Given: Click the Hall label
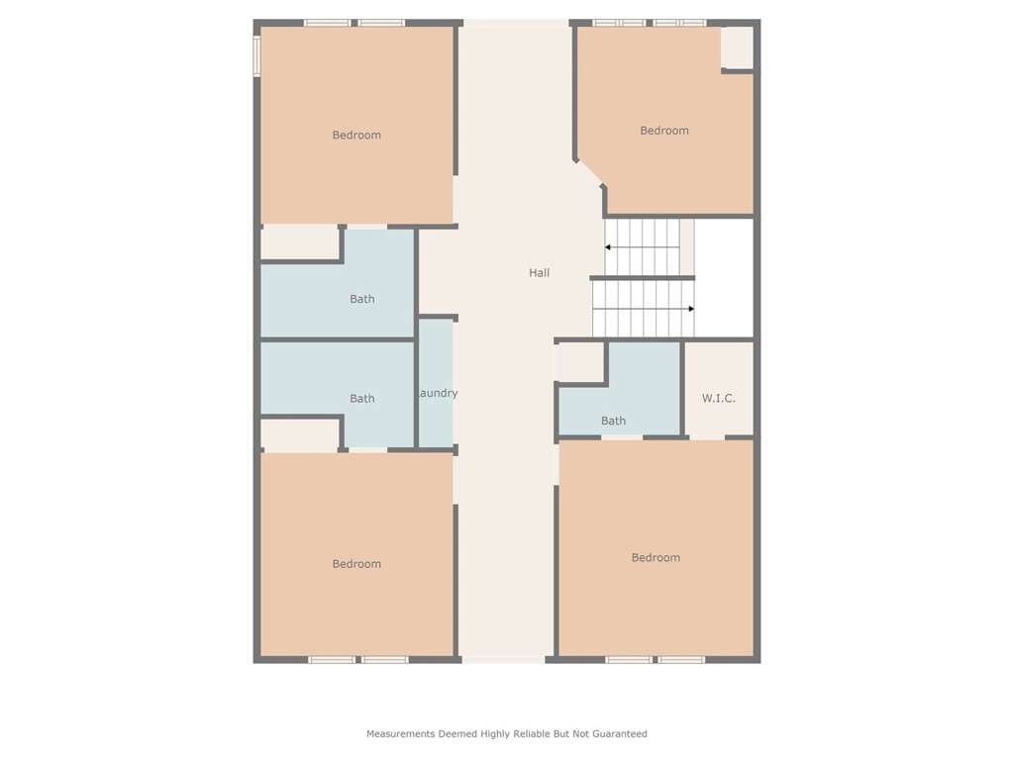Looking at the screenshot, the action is coord(540,273).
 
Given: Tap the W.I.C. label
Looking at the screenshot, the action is coord(719,398).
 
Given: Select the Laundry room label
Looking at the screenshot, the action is coord(438,393).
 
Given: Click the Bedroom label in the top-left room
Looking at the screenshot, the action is coord(356,135).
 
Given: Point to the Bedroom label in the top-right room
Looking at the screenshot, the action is coord(664,131).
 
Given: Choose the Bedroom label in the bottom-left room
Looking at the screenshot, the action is coord(356,564).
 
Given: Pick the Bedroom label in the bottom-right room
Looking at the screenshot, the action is coord(656,558).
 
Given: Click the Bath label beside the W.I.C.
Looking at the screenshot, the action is coord(613,421).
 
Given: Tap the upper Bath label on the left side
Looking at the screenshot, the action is coord(362,299).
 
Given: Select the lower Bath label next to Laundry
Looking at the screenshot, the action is coord(362,399).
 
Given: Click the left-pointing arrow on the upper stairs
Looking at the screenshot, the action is coord(643,246).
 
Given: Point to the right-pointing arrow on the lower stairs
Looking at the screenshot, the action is coord(644,309).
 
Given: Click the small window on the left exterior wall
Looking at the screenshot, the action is coord(256,56).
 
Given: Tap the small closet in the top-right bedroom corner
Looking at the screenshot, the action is coord(737,47).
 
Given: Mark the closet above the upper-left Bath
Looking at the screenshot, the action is coord(300,242).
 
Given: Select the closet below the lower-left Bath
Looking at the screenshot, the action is coord(300,435).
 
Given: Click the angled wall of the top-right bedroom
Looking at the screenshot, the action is coord(590,173).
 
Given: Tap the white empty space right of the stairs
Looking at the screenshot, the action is coord(724,278).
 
